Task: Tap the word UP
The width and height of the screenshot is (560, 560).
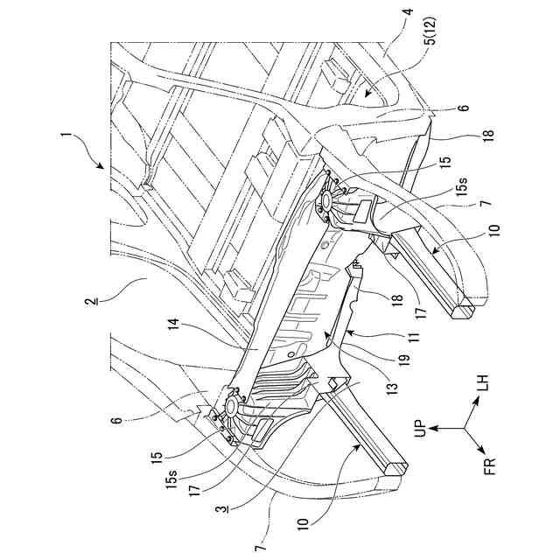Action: tap(421, 425)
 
